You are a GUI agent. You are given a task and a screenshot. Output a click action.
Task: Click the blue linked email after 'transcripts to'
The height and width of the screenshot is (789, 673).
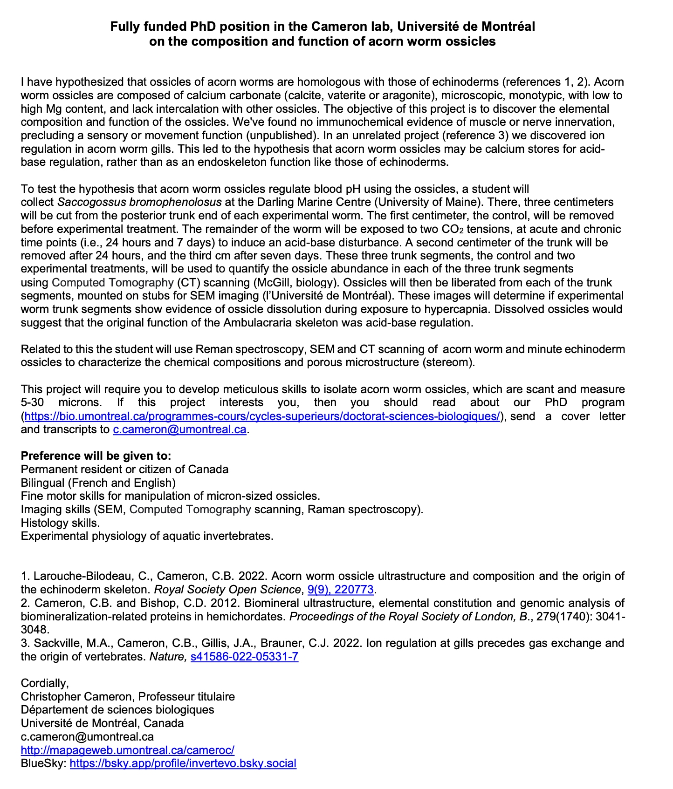(x=179, y=429)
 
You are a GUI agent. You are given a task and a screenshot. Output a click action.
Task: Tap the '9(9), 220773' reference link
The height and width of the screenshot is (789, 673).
(x=340, y=590)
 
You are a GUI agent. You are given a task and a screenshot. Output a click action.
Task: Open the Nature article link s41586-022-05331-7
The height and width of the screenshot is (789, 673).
(x=244, y=657)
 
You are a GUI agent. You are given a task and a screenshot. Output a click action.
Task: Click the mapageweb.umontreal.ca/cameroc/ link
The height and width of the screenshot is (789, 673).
(x=127, y=750)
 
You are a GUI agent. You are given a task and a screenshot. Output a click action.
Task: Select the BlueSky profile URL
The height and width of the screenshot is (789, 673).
(x=183, y=763)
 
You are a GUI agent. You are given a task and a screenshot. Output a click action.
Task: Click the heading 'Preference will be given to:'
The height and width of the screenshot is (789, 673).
(x=96, y=456)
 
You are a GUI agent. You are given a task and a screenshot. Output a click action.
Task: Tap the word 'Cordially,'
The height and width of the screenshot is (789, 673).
(x=45, y=683)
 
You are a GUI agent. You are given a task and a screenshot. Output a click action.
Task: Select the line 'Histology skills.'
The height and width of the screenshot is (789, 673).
(x=60, y=523)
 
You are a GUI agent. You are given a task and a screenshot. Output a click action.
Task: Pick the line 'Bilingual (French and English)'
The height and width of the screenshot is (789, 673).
(x=98, y=483)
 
